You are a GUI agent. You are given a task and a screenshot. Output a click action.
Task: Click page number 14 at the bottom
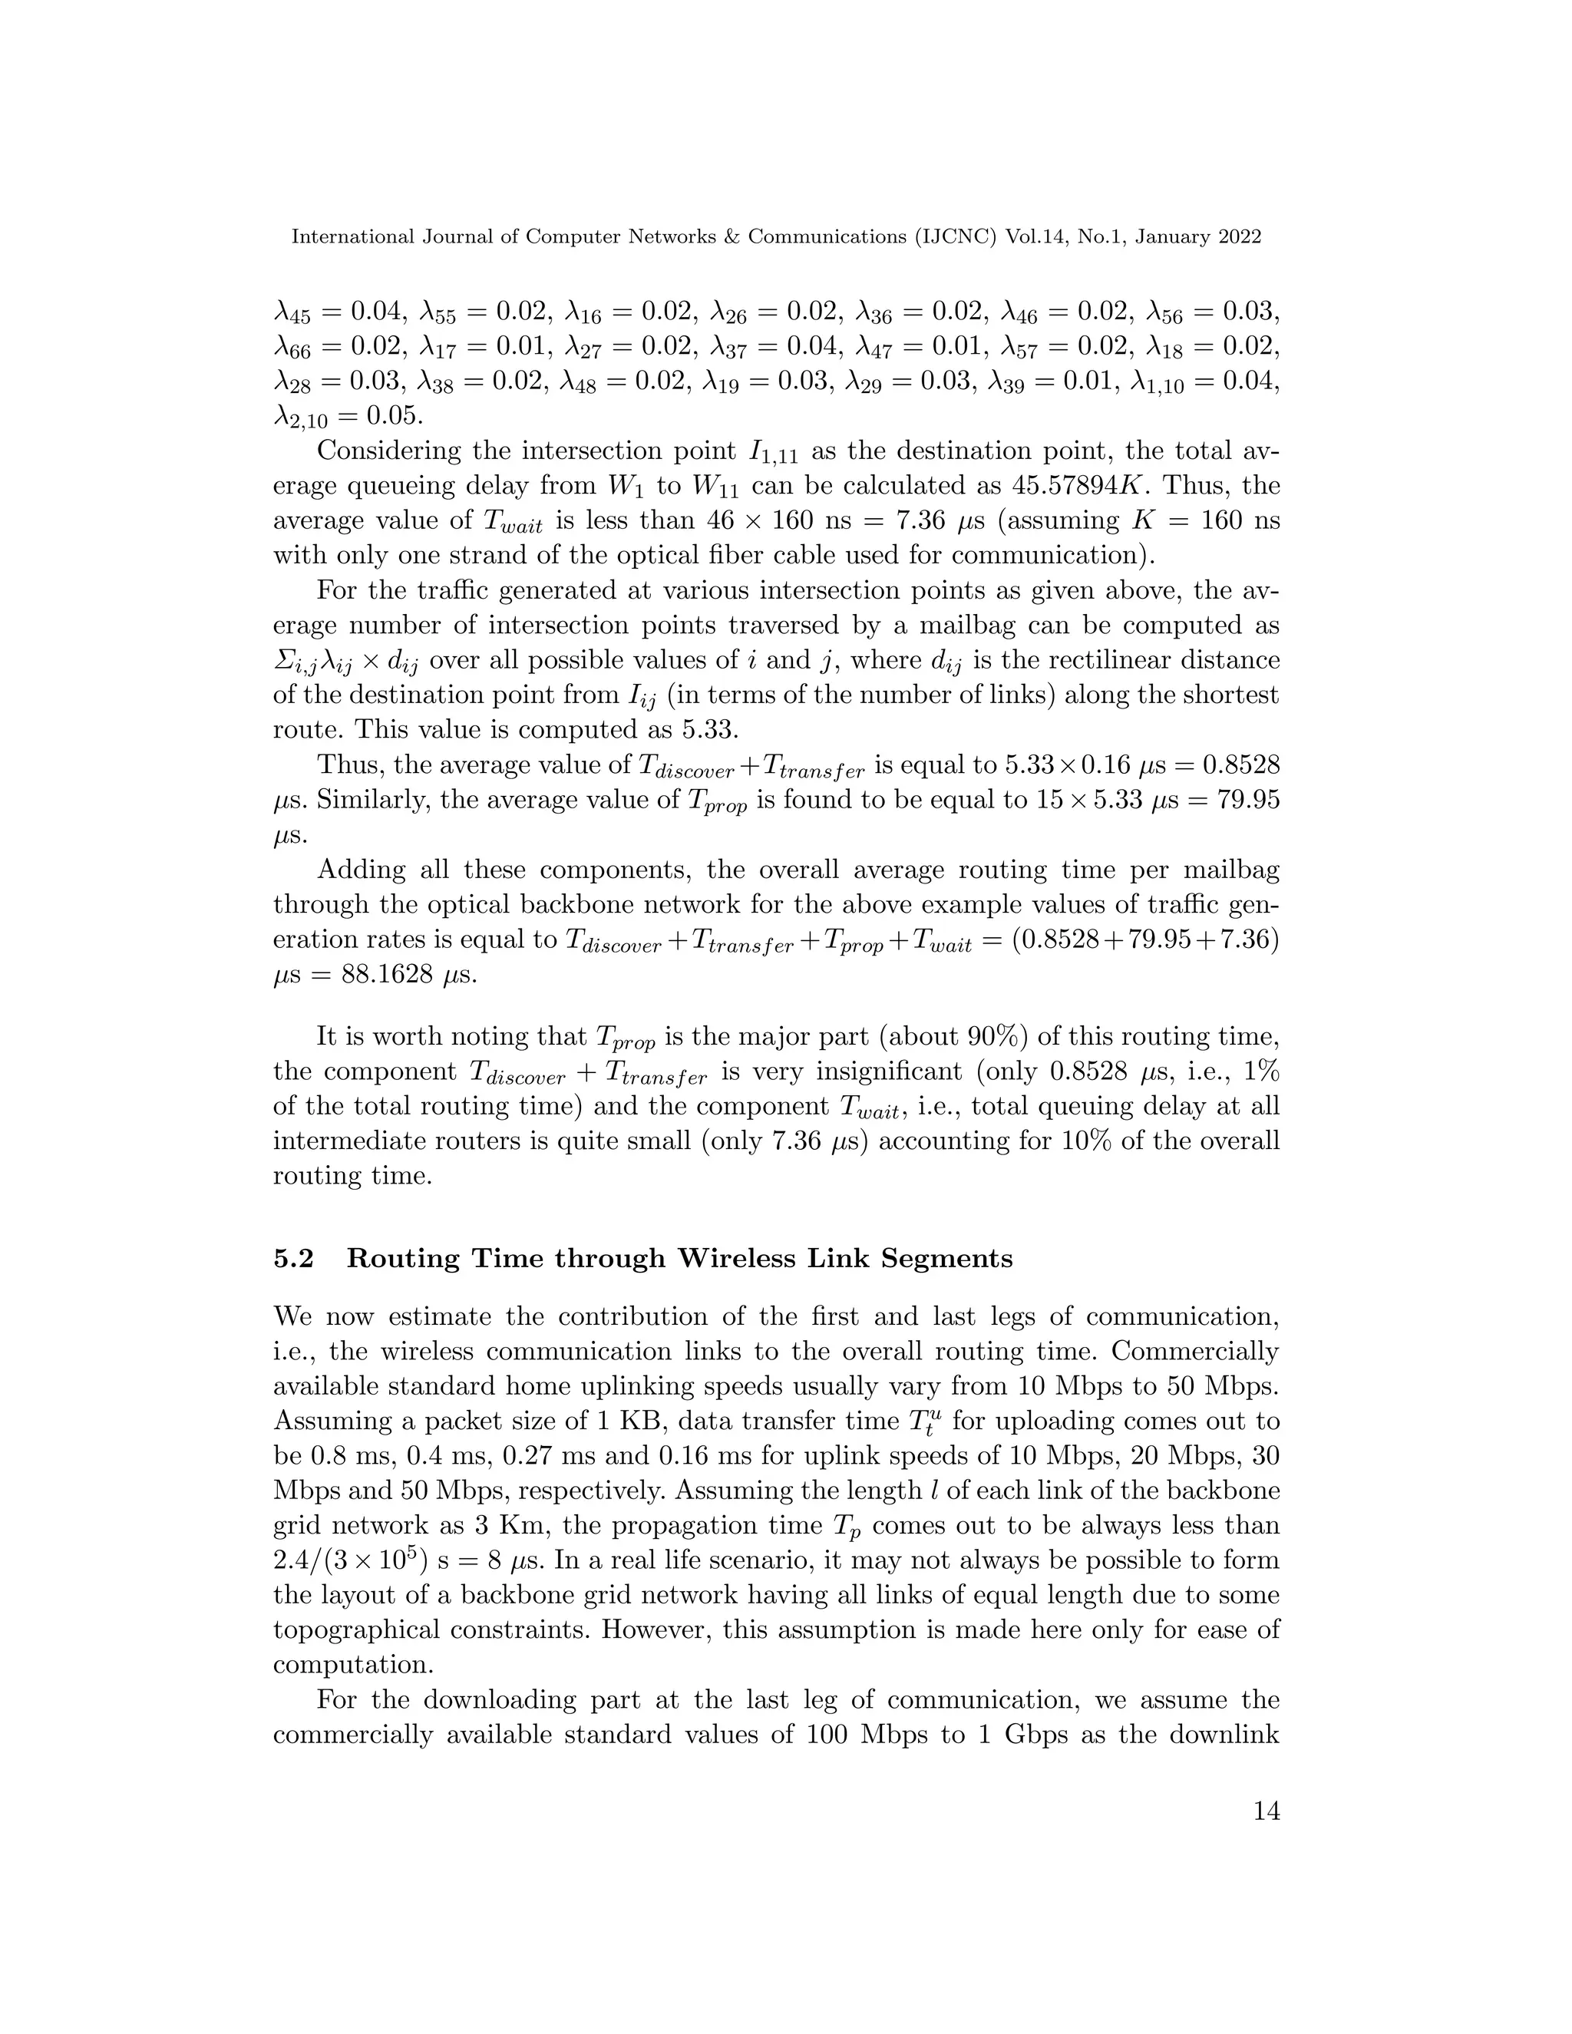pos(1267,1837)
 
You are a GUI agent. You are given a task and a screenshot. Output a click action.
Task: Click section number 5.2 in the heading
pos(293,1259)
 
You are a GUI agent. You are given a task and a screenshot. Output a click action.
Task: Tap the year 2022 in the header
pos(1240,236)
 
